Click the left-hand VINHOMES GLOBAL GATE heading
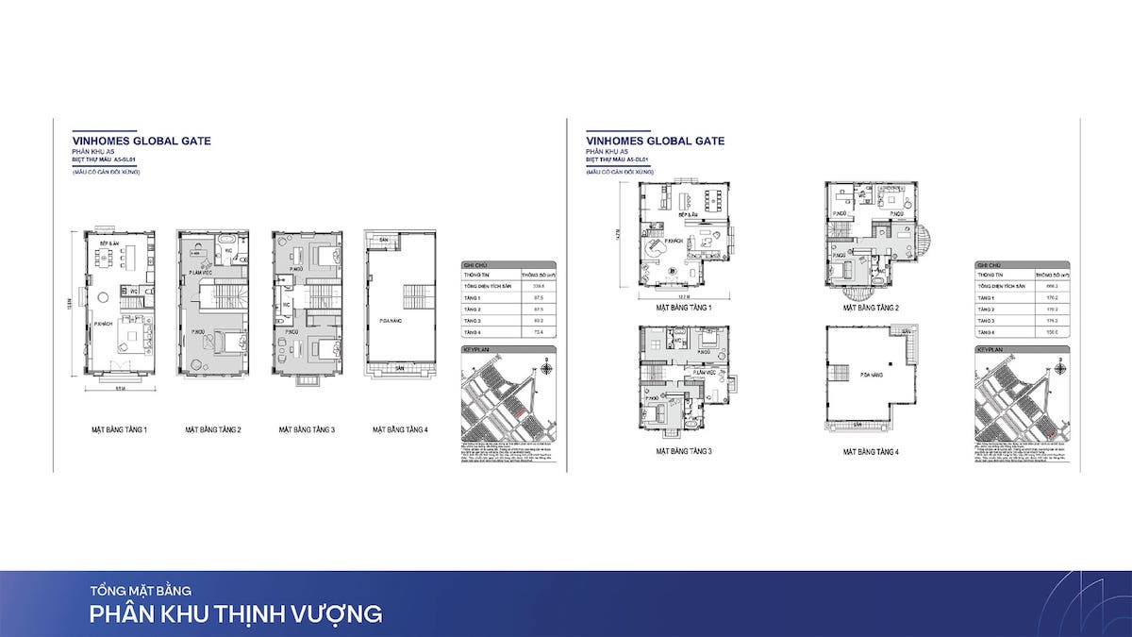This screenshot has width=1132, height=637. coord(141,141)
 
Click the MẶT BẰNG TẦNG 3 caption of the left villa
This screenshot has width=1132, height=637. coord(308,429)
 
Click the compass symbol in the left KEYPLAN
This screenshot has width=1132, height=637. coord(546,364)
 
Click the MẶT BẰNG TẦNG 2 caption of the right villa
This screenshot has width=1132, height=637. coord(872,308)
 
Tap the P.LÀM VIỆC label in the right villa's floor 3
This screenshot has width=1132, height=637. coord(702,374)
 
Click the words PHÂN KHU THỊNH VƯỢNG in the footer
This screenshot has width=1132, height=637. coord(236,613)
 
